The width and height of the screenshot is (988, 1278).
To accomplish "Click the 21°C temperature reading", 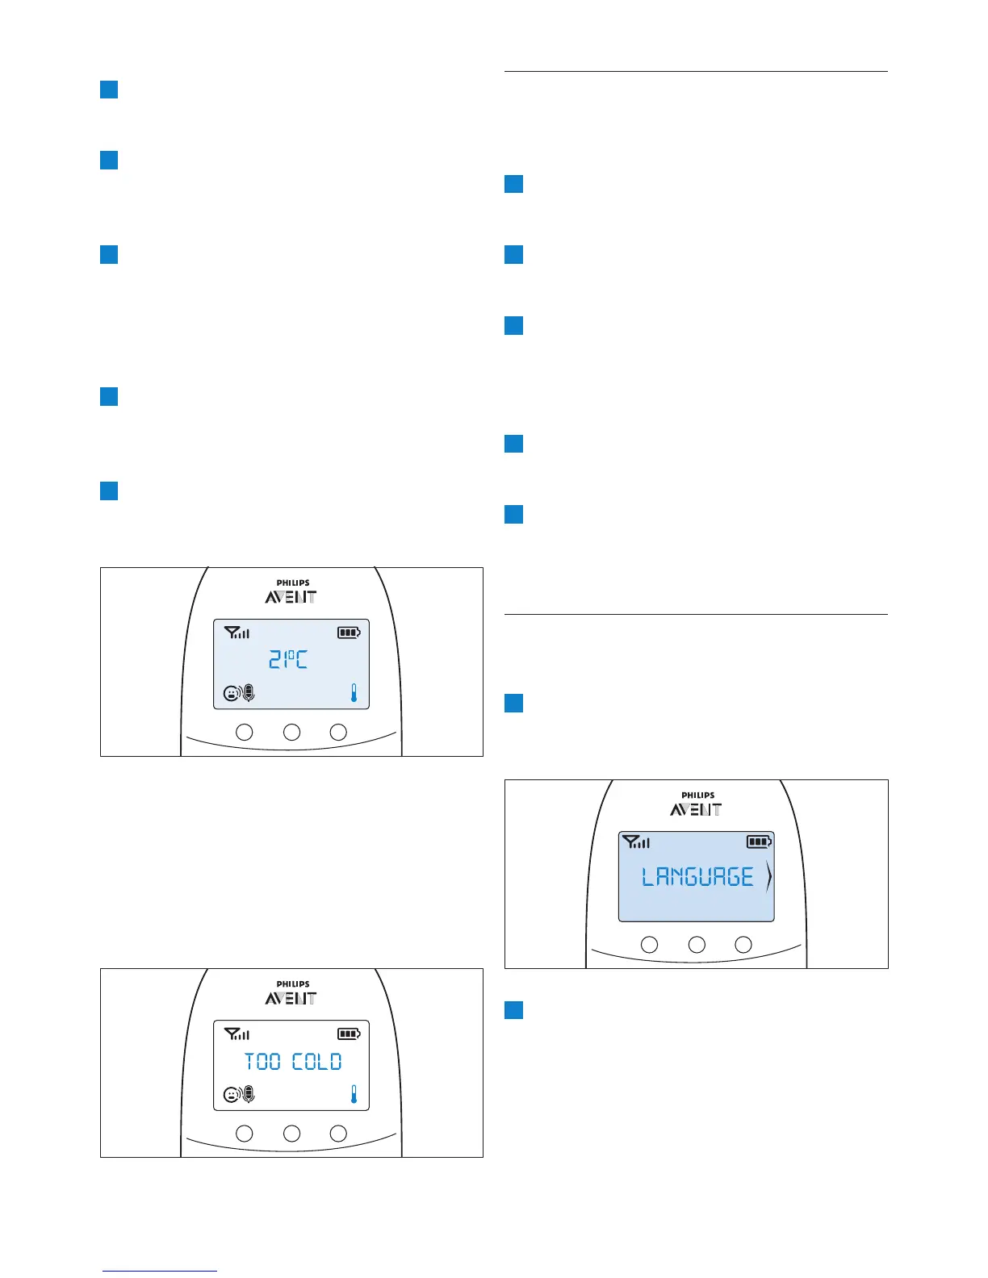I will pyautogui.click(x=288, y=660).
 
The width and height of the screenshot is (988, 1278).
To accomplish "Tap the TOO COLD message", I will pyautogui.click(x=293, y=1062).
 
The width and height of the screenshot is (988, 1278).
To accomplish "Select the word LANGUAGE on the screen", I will pyautogui.click(x=697, y=877).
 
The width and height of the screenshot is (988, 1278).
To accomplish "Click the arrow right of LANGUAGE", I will pyautogui.click(x=768, y=877).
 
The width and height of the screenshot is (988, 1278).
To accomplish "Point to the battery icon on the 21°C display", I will pyautogui.click(x=349, y=633).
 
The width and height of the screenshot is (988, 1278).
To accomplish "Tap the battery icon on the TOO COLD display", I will pyautogui.click(x=349, y=1034).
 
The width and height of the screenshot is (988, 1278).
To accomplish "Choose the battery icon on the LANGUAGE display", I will pyautogui.click(x=759, y=842).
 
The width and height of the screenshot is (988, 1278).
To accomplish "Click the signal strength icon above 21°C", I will pyautogui.click(x=237, y=633).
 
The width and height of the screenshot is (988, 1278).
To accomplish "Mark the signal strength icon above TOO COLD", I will pyautogui.click(x=237, y=1034).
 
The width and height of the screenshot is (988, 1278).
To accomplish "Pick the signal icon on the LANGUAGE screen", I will pyautogui.click(x=636, y=842).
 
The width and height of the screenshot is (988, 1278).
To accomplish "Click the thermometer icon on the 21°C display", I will pyautogui.click(x=354, y=692).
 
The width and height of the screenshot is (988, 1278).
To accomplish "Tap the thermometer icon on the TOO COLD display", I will pyautogui.click(x=354, y=1094).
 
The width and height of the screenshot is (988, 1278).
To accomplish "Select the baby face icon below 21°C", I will pyautogui.click(x=232, y=692).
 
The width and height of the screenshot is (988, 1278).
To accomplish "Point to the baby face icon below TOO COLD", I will pyautogui.click(x=232, y=1094).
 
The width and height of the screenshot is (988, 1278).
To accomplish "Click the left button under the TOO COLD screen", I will pyautogui.click(x=244, y=1134).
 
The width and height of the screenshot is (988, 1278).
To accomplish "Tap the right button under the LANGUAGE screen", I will pyautogui.click(x=743, y=944).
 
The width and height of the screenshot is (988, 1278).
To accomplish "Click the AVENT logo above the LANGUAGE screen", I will pyautogui.click(x=696, y=810).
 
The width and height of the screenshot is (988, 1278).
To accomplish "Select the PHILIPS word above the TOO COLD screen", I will pyautogui.click(x=293, y=984).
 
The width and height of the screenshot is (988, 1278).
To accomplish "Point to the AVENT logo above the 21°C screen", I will pyautogui.click(x=291, y=597).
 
